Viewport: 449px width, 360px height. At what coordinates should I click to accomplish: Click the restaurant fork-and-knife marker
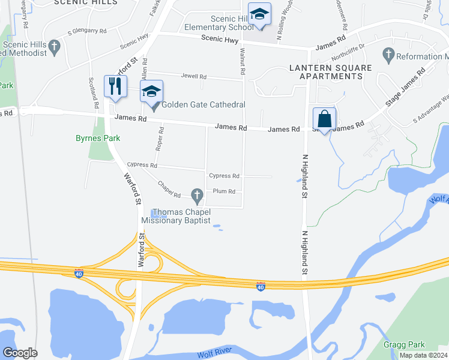click(114, 86)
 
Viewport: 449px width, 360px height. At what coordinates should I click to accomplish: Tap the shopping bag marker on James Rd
click(324, 118)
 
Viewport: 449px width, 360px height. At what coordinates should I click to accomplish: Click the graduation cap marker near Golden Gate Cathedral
click(151, 91)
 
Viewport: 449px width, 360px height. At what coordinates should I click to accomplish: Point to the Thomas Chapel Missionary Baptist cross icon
click(196, 194)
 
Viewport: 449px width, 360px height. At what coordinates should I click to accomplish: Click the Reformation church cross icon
click(388, 56)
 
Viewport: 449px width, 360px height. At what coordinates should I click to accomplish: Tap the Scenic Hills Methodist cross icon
click(54, 46)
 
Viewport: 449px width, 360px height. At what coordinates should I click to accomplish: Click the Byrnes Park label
click(98, 138)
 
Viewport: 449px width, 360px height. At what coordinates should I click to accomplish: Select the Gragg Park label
click(404, 344)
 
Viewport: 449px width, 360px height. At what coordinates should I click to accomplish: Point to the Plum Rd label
click(223, 191)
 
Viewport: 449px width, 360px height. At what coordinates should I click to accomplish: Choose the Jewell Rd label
click(194, 77)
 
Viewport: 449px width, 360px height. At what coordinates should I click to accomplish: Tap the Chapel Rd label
click(169, 190)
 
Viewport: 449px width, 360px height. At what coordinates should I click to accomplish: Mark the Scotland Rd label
click(93, 88)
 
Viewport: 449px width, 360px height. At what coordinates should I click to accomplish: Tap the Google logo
click(20, 353)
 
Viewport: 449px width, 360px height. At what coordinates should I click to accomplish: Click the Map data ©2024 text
click(423, 355)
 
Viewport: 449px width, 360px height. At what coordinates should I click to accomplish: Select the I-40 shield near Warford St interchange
click(79, 274)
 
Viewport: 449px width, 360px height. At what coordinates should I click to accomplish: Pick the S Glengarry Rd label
click(87, 31)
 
